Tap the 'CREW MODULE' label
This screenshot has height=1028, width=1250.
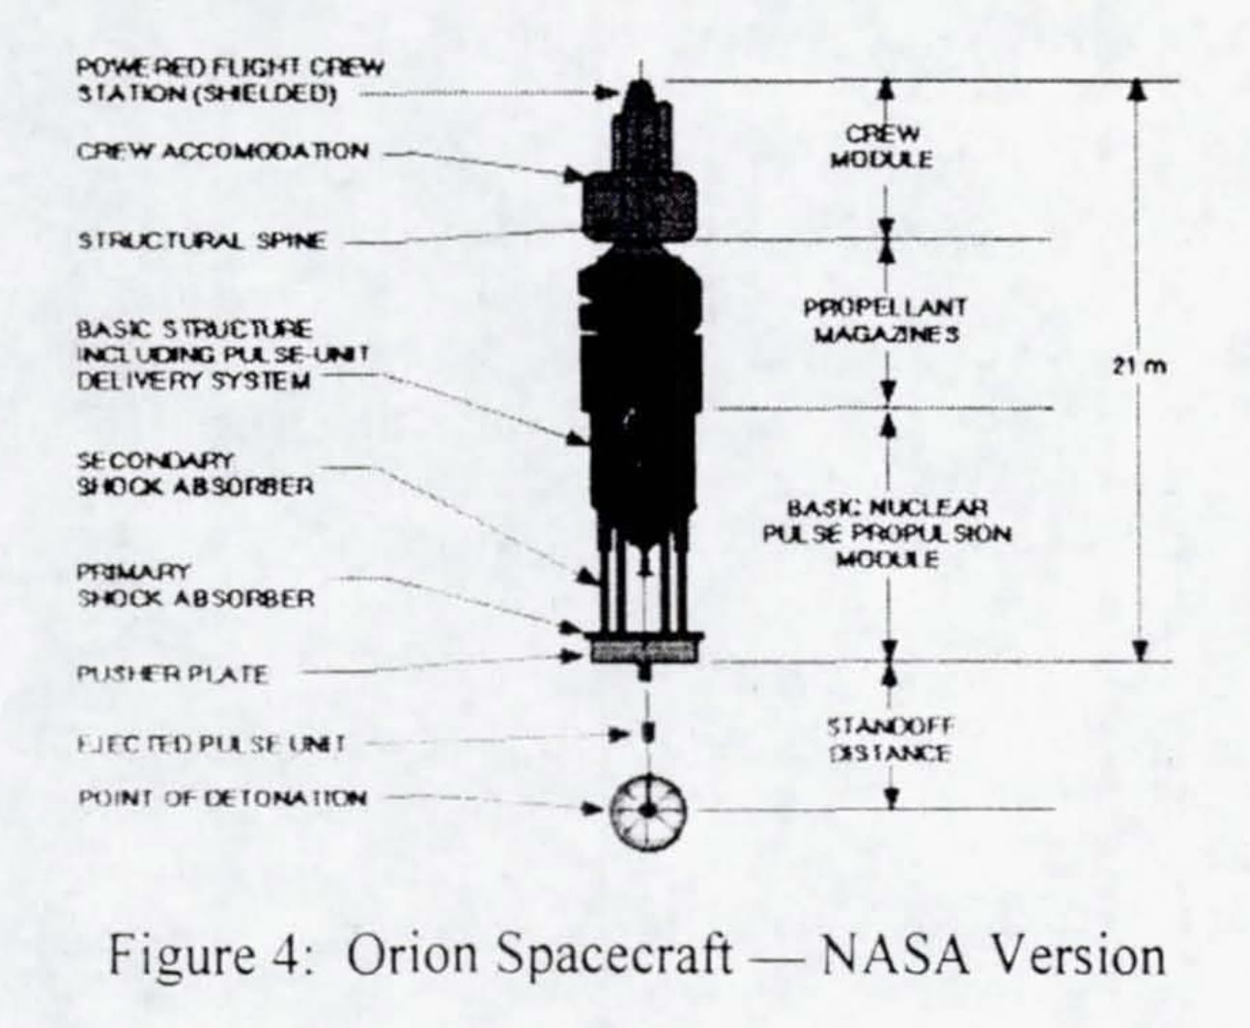881,146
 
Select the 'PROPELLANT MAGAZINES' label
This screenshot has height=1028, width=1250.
884,321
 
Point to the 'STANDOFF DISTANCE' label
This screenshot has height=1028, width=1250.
889,739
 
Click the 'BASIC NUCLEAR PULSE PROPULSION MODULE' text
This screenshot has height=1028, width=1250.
887,533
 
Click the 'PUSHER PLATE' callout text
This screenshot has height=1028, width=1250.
172,673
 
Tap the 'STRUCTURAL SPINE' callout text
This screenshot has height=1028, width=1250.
202,241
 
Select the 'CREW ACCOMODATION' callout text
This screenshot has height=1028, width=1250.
222,152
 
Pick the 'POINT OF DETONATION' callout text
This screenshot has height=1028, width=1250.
221,798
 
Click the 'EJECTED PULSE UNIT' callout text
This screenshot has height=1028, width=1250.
211,744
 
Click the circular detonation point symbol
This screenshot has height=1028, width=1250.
648,811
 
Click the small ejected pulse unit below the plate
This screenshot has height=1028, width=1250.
649,732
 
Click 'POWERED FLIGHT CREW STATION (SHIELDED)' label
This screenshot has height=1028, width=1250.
229,81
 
